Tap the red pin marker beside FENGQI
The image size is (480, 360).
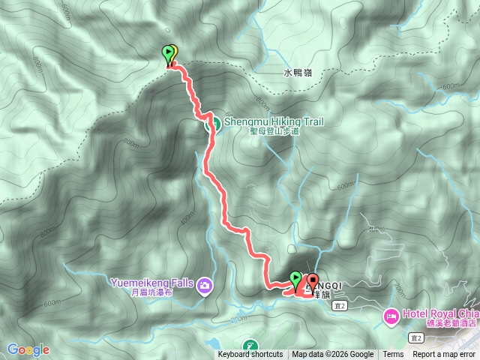coord(312,280)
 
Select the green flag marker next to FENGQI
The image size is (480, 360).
coord(295,279)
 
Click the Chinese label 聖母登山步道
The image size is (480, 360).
coord(274,130)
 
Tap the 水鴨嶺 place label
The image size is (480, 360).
coord(298,73)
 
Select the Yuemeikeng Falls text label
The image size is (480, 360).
coord(152,283)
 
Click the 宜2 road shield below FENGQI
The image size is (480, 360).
coord(343,307)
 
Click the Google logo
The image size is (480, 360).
coord(28,349)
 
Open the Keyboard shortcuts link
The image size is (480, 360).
coord(250,355)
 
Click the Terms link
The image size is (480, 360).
coord(393,355)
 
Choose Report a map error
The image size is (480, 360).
coord(444,355)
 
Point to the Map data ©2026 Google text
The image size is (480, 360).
coord(333,355)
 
